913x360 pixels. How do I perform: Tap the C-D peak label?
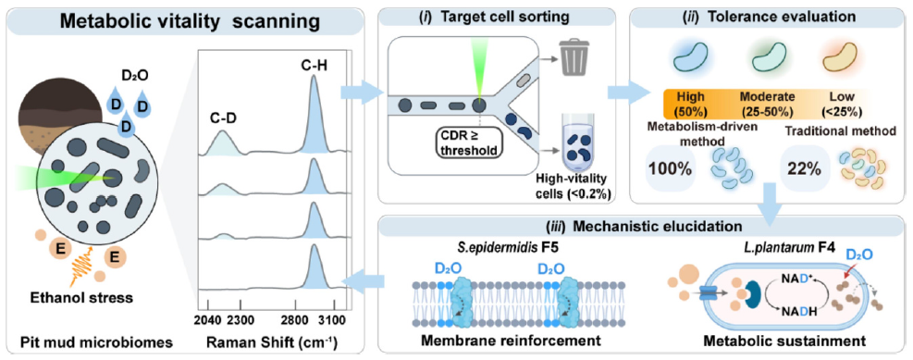pyautogui.click(x=221, y=119)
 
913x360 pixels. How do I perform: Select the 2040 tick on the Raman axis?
pyautogui.click(x=208, y=319)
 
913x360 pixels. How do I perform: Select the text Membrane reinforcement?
pyautogui.click(x=511, y=341)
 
